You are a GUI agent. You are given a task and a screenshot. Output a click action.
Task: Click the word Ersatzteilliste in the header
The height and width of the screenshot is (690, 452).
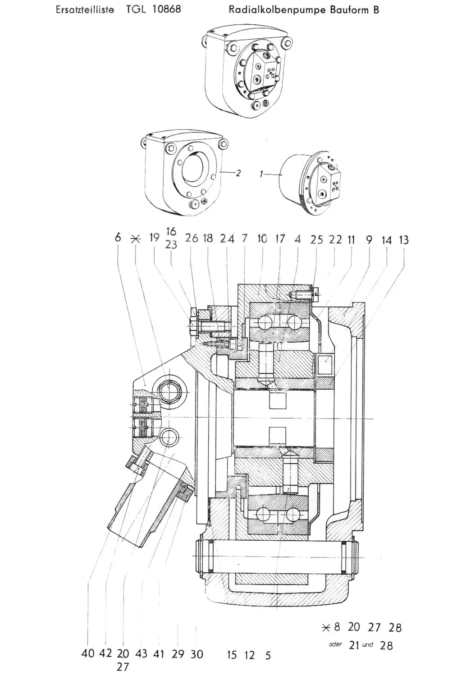[x=84, y=9]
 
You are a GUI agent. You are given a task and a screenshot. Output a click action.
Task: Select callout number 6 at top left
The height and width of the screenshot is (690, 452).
[x=118, y=237]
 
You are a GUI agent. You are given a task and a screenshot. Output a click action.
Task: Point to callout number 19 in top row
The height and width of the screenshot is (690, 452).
[x=155, y=238]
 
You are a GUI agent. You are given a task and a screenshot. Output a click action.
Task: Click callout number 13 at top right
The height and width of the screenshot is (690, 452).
[x=403, y=240]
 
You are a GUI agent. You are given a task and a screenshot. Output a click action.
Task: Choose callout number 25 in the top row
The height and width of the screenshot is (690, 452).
[x=317, y=239]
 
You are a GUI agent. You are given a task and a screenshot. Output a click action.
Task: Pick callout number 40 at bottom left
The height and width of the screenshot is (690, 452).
[x=88, y=653]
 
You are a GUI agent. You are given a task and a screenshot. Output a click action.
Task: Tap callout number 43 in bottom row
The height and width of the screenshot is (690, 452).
[x=141, y=653]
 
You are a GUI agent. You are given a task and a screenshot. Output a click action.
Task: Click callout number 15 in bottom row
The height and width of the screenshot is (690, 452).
[x=232, y=655]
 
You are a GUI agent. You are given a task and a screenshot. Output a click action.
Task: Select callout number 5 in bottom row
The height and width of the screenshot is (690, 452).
[x=268, y=655]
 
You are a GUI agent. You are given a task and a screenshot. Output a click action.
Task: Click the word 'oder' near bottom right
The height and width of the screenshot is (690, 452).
[x=336, y=644]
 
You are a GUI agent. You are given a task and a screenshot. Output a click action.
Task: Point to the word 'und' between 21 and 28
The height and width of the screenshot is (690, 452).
[x=368, y=645]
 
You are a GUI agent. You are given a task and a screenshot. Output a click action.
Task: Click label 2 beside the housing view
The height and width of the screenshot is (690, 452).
[x=238, y=173]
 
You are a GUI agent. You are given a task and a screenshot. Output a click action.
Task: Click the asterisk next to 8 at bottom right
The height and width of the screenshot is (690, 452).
[x=327, y=627]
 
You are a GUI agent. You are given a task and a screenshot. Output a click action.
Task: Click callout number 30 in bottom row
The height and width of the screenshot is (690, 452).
[x=197, y=654]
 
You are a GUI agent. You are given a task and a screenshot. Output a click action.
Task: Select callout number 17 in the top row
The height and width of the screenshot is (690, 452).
[x=280, y=239]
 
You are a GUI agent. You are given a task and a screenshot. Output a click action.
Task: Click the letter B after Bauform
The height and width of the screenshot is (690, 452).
[x=376, y=10]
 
